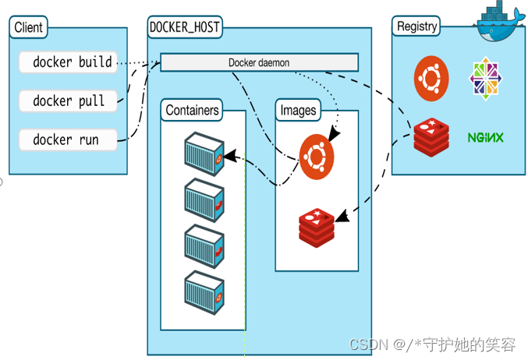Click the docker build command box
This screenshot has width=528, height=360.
point(68,62)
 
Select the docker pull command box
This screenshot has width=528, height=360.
point(68,101)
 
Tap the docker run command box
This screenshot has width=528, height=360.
point(68,140)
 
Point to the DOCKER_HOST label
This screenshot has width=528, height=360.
point(184,27)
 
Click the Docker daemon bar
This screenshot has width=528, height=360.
point(259,62)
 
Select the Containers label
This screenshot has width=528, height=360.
point(193,110)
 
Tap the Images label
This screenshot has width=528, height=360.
point(298,110)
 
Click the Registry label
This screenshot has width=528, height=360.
point(416,26)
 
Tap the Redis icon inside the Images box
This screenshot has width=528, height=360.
point(317,226)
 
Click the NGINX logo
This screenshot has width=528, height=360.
point(485,138)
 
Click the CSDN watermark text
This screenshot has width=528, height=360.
point(431,344)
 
